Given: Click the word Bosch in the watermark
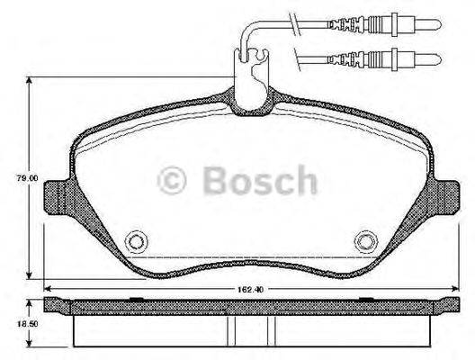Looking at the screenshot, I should coord(259,180).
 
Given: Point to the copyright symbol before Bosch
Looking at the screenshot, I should coord(173,181).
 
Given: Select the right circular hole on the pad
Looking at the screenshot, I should coord(365,241).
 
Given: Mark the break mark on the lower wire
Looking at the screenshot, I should coord(300,60).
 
